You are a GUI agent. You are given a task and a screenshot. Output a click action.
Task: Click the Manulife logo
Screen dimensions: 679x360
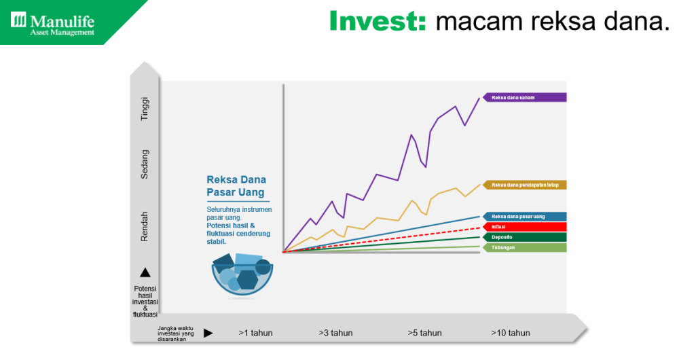tap(52, 24)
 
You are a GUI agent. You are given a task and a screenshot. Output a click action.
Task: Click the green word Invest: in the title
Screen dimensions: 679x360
tap(378, 21)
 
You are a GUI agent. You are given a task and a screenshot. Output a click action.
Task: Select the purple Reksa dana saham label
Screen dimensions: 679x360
tap(524, 98)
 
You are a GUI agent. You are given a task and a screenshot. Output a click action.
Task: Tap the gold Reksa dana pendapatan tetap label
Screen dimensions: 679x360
tap(524, 185)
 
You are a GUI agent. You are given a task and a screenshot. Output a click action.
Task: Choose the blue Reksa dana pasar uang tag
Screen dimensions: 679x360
tap(524, 217)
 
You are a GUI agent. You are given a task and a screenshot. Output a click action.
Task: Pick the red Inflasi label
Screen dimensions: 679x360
tap(524, 227)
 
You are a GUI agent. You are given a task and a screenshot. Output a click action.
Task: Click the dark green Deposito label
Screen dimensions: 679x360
tap(524, 238)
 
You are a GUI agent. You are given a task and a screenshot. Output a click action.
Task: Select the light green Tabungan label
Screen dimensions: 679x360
tap(524, 248)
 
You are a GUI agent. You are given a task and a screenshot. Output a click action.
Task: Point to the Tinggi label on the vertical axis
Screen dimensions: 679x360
tap(145, 109)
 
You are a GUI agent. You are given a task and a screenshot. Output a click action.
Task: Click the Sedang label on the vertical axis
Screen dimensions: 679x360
tap(145, 164)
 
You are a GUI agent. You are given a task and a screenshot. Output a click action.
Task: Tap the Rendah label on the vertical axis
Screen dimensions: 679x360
tap(145, 226)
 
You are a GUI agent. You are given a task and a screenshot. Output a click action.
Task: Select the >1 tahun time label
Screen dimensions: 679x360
tap(255, 333)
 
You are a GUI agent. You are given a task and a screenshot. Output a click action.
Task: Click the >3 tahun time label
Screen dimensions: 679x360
tap(335, 333)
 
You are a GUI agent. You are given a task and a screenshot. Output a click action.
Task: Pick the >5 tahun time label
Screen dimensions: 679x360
tap(425, 333)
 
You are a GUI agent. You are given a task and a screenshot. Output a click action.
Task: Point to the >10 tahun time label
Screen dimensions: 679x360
tap(511, 333)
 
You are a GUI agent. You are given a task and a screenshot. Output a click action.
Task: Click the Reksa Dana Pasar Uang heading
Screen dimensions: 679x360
tap(236, 186)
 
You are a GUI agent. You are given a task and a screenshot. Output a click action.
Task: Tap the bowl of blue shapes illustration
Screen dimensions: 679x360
tap(242, 276)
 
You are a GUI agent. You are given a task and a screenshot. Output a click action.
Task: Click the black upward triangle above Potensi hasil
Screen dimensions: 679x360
tap(145, 272)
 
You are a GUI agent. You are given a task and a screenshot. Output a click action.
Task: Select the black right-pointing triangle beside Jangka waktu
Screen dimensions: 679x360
tap(208, 333)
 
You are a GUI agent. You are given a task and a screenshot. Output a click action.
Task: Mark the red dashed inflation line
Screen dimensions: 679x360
tap(382, 240)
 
